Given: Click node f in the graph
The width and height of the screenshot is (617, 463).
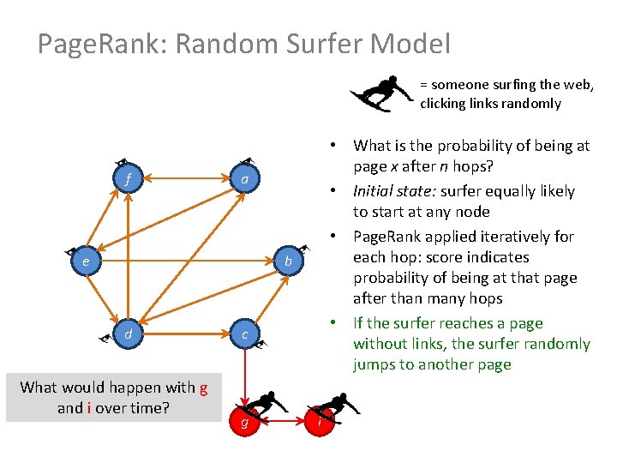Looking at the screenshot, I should pos(128,180).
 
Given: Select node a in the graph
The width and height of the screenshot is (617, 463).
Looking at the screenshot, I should pos(245,180).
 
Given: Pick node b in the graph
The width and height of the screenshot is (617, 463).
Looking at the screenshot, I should pos(289,260).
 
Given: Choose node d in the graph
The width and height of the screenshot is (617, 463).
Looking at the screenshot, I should pos(128,334).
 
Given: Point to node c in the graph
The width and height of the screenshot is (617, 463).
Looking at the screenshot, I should pos(245,334).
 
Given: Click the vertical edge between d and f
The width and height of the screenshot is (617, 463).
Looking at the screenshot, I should pos(128,257).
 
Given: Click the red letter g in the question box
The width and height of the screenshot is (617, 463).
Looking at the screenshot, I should pos(203,388).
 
